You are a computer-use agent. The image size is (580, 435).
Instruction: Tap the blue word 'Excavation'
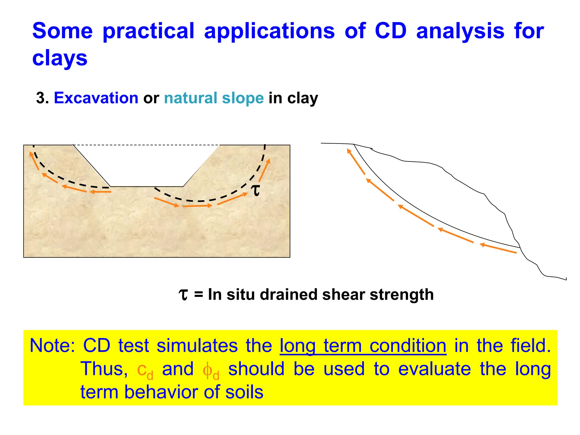pyautogui.click(x=96, y=98)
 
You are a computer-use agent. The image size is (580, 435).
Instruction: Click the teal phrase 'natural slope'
pyautogui.click(x=214, y=98)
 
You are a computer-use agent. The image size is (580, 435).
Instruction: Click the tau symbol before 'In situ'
pyautogui.click(x=184, y=295)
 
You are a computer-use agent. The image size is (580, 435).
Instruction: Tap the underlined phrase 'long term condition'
pyautogui.click(x=363, y=346)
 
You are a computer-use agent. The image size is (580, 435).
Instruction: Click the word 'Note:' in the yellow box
pyautogui.click(x=52, y=346)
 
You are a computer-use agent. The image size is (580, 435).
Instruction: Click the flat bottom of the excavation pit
pyautogui.click(x=146, y=186)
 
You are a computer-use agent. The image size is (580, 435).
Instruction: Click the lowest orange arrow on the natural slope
pyautogui.click(x=498, y=248)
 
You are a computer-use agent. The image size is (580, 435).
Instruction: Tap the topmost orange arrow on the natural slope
pyautogui.click(x=356, y=162)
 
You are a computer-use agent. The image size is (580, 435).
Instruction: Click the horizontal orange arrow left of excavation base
pyautogui.click(x=101, y=192)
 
